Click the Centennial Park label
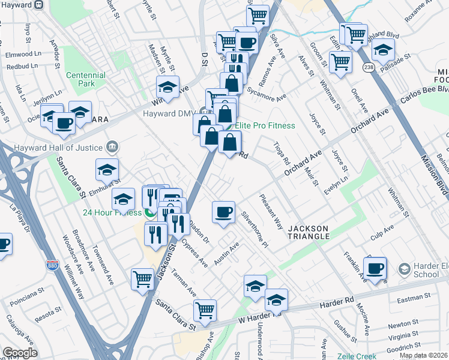pos(86,79)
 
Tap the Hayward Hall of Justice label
pos(66,148)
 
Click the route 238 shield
pos(369,68)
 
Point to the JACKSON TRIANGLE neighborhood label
pos(309,232)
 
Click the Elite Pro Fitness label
pos(265,125)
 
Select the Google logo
pos(19,353)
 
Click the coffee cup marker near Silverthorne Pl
pos(223,211)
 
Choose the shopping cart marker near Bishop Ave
pos(205,310)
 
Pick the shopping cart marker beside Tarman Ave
pos(143,278)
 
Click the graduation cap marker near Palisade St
pos(383,49)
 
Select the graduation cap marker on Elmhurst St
pos(106,169)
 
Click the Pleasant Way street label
pos(271,212)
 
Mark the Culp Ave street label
pos(382,233)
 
